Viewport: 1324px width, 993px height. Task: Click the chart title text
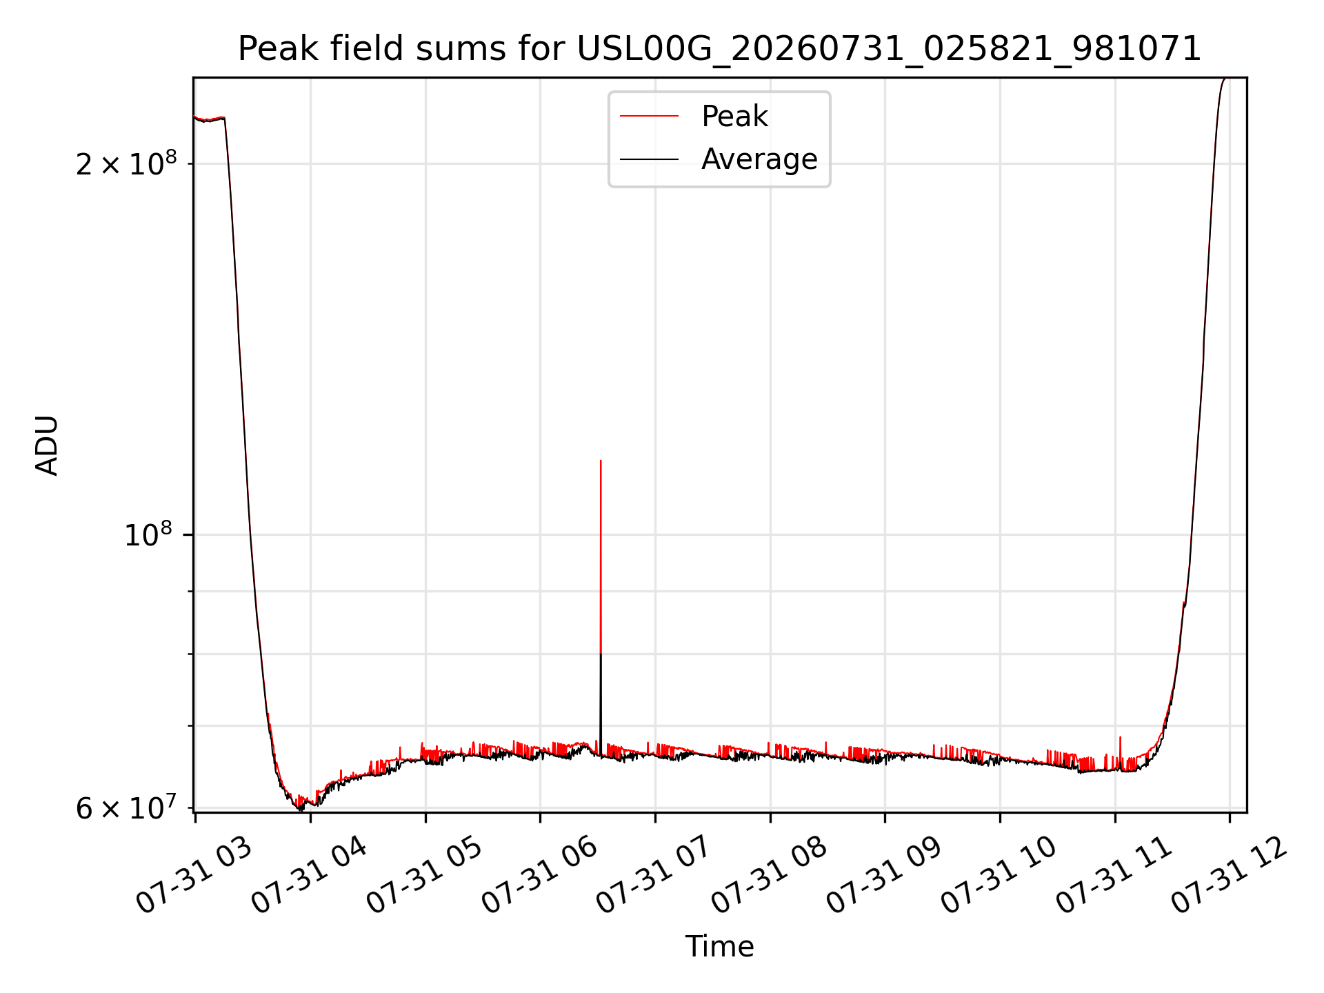point(719,49)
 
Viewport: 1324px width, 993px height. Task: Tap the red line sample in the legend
point(649,117)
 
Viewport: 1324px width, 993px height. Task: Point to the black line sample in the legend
point(649,159)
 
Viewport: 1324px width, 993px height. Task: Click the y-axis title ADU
point(47,445)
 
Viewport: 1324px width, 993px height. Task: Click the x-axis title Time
point(719,946)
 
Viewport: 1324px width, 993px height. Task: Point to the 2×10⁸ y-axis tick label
point(126,163)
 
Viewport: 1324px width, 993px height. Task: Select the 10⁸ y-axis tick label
point(148,534)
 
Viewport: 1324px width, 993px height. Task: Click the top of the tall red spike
point(601,461)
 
